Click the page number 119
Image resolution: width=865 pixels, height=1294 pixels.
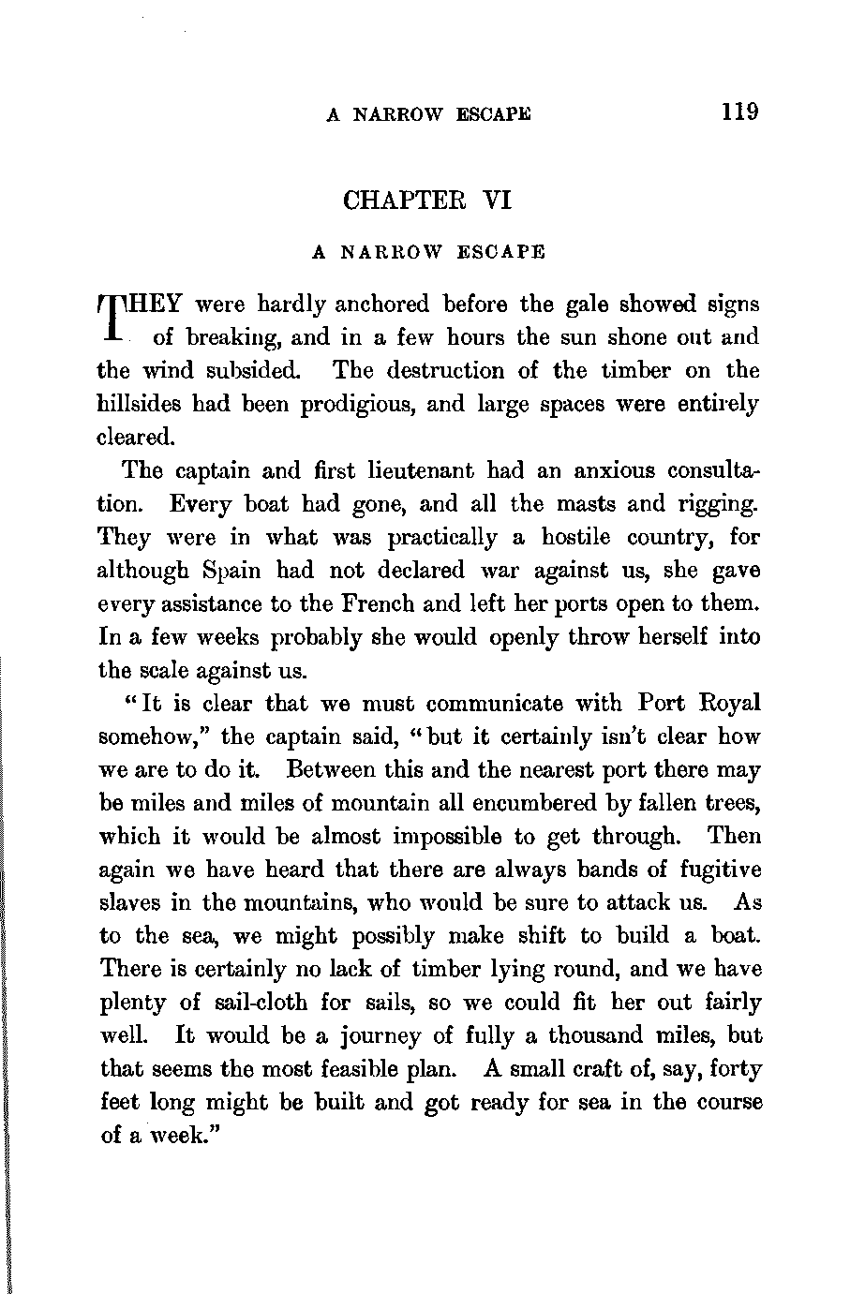(739, 112)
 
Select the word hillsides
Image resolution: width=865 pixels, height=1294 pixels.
(140, 404)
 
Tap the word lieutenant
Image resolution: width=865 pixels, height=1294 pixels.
(403, 470)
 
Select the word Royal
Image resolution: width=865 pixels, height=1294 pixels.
(729, 703)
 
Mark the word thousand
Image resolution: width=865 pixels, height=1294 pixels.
(604, 1035)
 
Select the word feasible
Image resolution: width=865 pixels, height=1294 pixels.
(430, 1069)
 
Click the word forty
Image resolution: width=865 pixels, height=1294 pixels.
(735, 1069)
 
